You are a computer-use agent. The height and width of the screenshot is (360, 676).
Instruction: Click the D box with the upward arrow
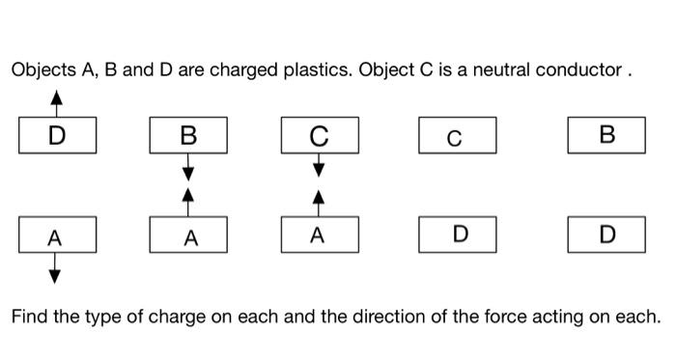tap(57, 135)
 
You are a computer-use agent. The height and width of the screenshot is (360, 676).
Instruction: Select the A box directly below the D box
tap(57, 235)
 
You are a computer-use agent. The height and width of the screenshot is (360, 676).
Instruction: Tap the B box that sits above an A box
tap(188, 135)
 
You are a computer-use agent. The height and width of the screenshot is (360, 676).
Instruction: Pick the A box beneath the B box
tap(188, 235)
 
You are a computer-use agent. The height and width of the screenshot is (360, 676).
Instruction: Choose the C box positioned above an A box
tap(320, 135)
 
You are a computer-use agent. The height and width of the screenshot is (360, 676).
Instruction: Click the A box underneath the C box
tap(320, 235)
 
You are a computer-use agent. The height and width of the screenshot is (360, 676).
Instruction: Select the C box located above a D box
tap(457, 135)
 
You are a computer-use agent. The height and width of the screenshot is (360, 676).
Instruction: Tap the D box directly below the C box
tap(457, 235)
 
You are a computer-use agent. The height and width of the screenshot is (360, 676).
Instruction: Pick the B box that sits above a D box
tap(606, 135)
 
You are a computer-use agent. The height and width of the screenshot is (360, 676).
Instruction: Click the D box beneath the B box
tap(606, 235)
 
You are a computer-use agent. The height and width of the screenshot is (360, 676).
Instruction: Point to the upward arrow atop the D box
tap(57, 102)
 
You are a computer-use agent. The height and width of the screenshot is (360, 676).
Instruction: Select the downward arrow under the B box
tap(188, 167)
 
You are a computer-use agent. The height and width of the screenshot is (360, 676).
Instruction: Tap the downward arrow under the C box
tap(320, 166)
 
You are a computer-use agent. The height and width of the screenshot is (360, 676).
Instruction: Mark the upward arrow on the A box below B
tap(188, 201)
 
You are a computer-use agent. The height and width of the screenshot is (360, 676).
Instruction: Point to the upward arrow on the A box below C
tap(320, 201)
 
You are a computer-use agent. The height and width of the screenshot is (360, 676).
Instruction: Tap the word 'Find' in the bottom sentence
tap(30, 316)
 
